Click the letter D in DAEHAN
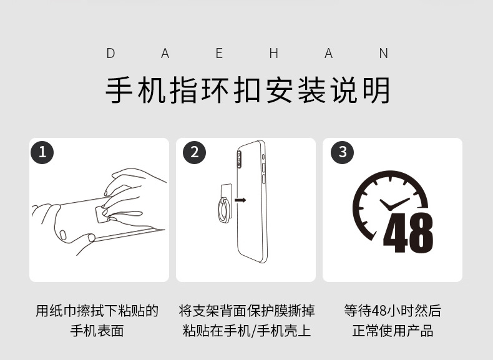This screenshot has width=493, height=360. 110,54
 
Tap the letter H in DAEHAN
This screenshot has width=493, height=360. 274,54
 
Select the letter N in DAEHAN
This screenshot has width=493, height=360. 384,54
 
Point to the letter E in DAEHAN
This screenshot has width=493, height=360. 220,54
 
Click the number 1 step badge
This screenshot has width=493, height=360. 42,152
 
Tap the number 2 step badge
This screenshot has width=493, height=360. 195,152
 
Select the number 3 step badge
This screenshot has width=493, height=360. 342,152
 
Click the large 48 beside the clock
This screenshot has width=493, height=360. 408,233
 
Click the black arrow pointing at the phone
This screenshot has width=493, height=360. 240,200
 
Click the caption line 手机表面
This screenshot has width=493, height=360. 97,331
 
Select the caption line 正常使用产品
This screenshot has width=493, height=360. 393,331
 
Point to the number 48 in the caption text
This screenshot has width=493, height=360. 381,311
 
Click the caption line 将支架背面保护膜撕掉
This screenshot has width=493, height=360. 246,311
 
